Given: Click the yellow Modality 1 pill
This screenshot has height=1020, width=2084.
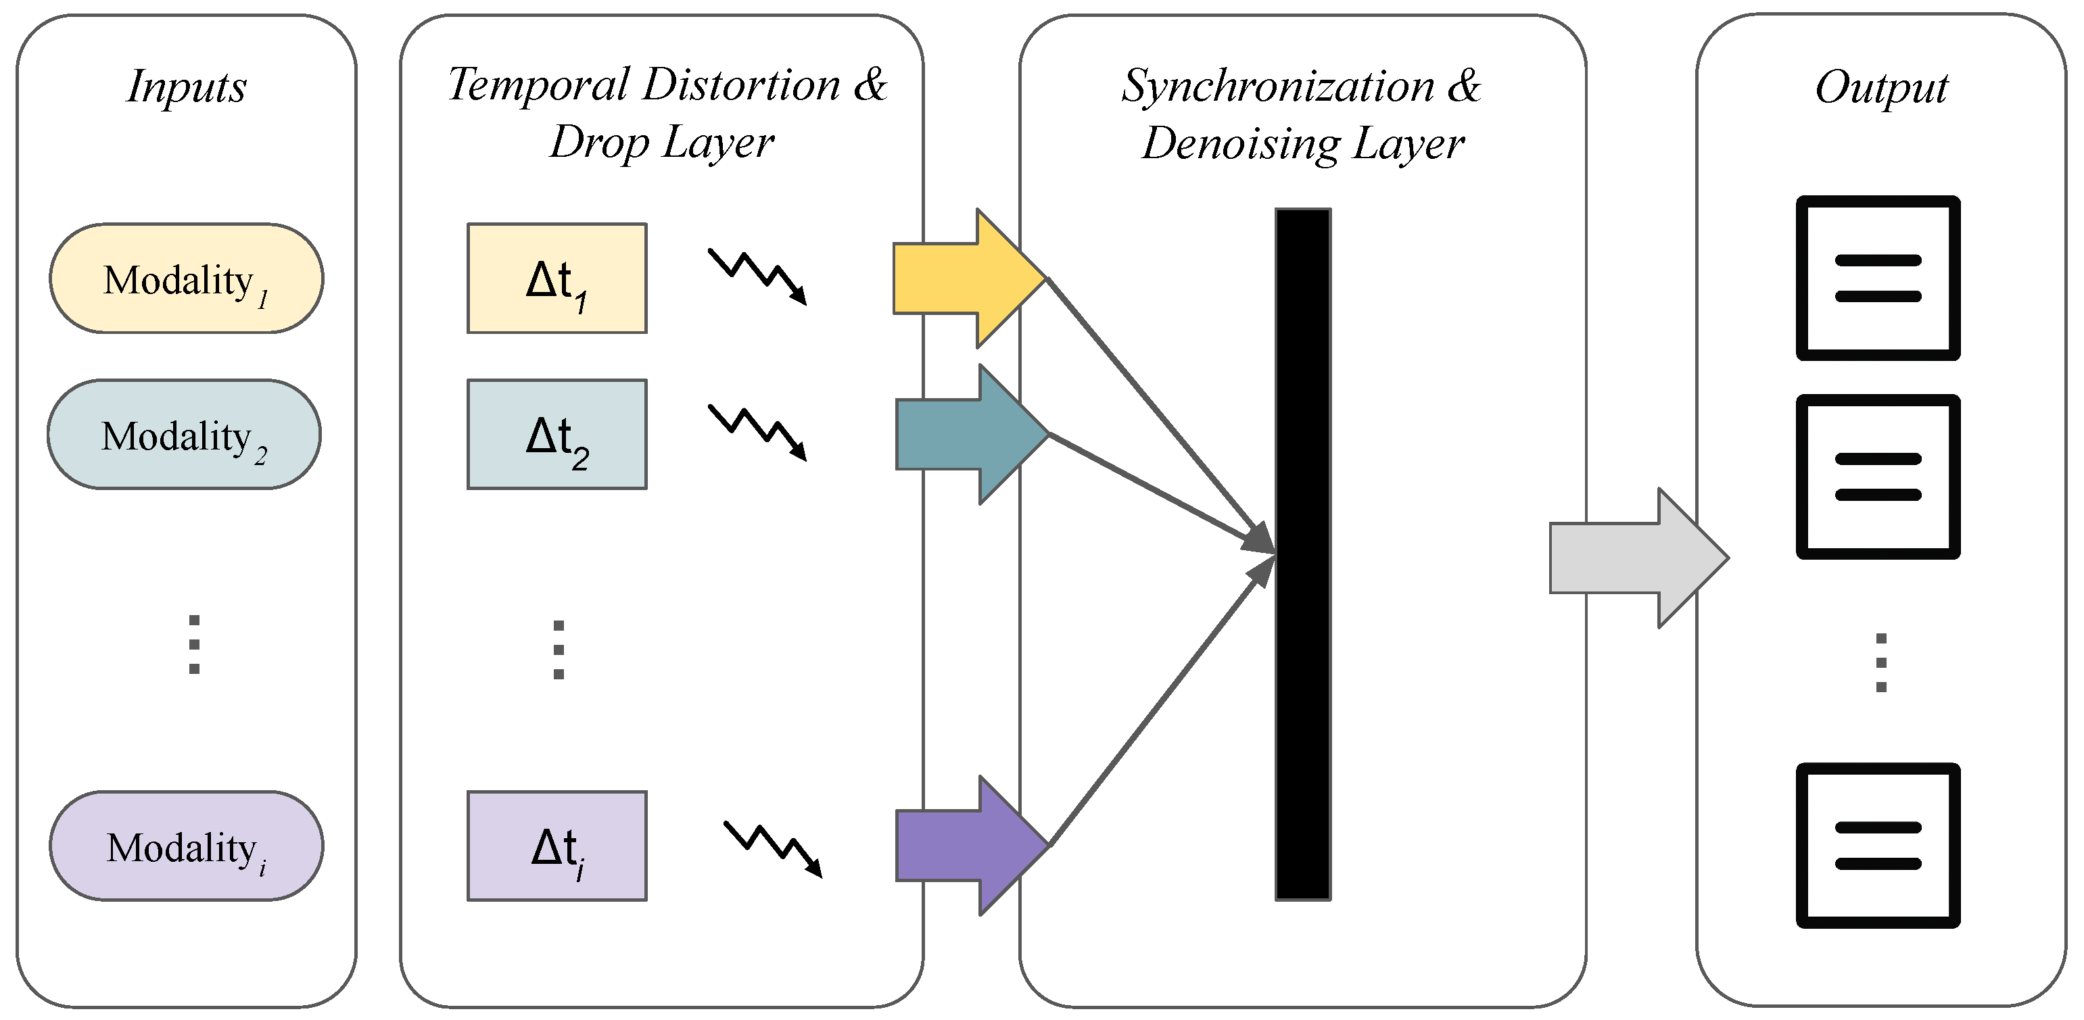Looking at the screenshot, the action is point(186,278).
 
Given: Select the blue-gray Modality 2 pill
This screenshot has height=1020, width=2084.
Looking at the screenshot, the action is point(185,435).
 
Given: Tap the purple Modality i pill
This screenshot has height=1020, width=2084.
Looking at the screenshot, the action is point(186,846).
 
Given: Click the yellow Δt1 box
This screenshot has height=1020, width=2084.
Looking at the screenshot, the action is point(556,278).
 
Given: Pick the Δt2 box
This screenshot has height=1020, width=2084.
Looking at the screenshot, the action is point(556,435).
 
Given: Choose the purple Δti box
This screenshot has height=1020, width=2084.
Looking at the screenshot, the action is point(556,846).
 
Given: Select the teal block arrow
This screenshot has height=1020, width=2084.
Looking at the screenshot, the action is point(972,435).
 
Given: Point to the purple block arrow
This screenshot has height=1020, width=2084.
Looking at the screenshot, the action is point(972,846).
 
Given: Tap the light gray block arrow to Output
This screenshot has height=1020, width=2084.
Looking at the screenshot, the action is point(1639,558).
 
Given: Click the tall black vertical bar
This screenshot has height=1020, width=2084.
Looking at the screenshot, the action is point(1303,554).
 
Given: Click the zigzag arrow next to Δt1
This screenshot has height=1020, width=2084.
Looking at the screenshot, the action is point(758,276).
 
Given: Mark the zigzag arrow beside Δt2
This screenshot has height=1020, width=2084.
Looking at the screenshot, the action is point(758,433).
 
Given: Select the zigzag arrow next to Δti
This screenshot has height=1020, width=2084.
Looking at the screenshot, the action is point(774,850).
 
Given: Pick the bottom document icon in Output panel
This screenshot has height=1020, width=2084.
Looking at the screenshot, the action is point(1878,846).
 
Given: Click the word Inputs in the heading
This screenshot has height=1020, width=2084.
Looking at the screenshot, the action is point(187,87).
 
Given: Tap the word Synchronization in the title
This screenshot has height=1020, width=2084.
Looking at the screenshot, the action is point(1278,86).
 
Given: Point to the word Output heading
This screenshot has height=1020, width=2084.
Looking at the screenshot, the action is point(1882,87).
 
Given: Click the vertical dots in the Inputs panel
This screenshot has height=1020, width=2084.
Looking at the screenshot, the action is point(194,645).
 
